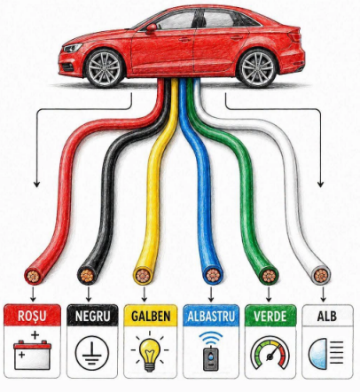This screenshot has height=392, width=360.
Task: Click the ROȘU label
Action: coord(32,316)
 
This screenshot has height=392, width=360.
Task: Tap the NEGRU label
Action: coord(92,316)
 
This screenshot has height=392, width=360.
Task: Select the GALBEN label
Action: coord(151,316)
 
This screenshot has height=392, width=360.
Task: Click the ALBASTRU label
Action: coord(211,316)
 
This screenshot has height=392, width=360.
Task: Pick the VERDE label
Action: coord(270,316)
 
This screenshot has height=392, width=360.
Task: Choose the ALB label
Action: coord(327,316)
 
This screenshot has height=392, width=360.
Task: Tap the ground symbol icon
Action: coord(92,353)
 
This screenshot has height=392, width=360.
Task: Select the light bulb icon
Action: coord(150,352)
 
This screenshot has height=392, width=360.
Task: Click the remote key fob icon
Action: coord(211,351)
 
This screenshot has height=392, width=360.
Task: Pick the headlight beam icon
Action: coord(326,353)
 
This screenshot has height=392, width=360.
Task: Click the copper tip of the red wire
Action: coord(33,277)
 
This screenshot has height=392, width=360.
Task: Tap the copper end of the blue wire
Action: coord(213,276)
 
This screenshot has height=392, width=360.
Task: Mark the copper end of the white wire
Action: coord(321,276)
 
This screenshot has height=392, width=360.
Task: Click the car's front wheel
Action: coord(105,68)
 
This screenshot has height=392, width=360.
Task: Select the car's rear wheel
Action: coord(257,68)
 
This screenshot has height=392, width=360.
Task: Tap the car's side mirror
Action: coord(151,28)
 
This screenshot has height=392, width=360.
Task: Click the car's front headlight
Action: coord(73,48)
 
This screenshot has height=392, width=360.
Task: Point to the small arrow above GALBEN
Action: coord(145,294)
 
